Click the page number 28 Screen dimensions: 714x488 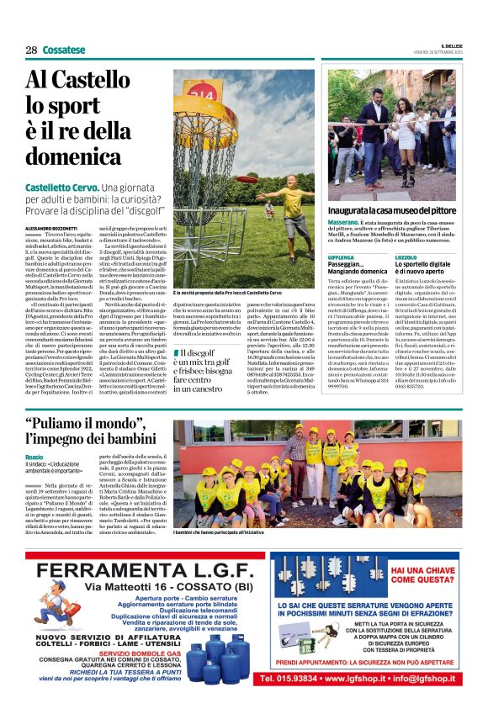(31, 50)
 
